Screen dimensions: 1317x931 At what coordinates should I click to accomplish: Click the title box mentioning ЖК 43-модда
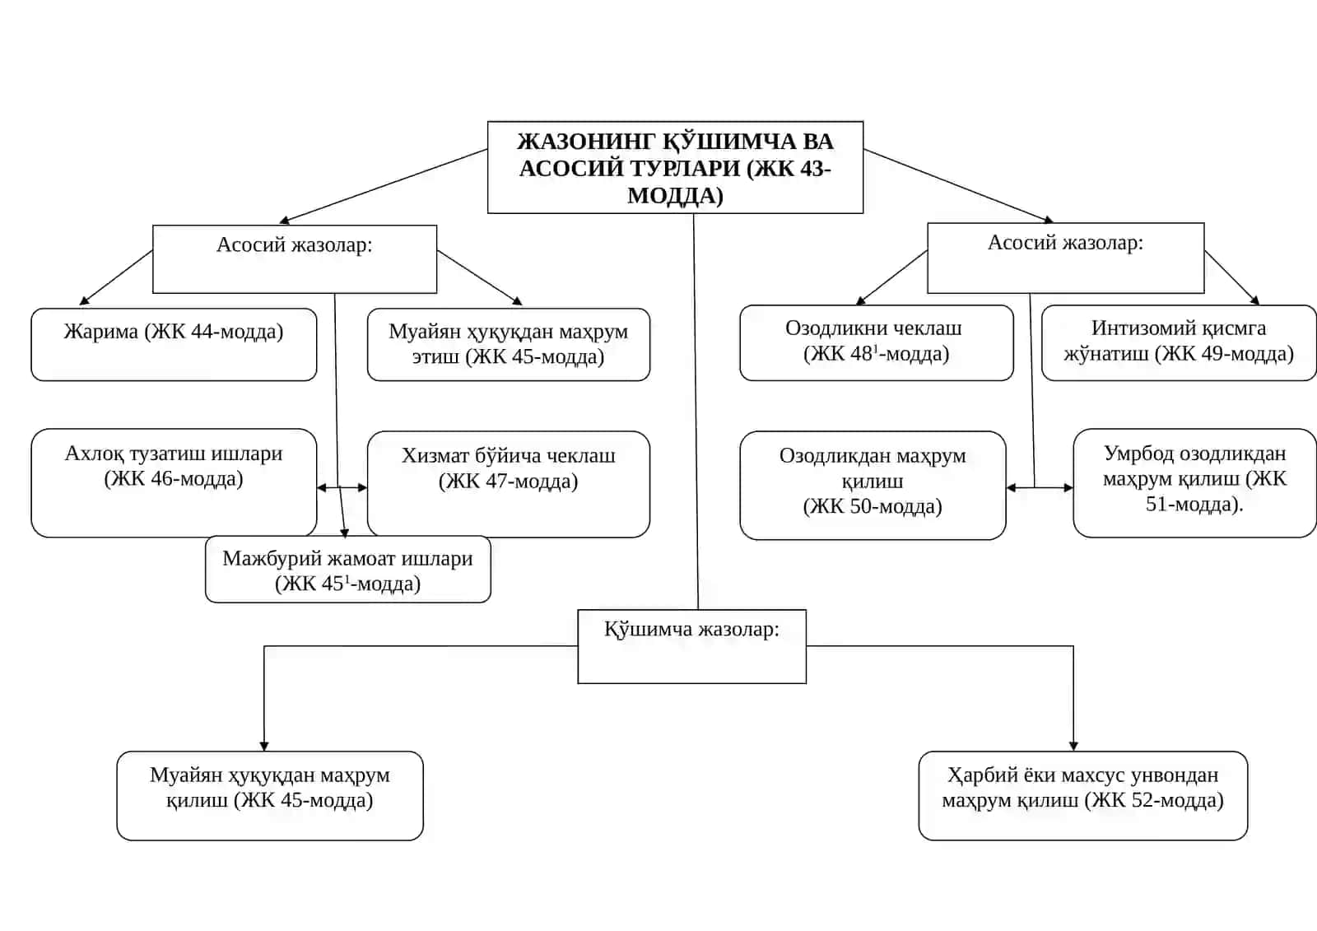[x=675, y=168]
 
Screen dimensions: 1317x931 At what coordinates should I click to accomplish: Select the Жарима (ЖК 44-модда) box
[x=174, y=344]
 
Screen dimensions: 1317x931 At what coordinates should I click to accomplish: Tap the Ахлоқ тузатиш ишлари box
[x=174, y=483]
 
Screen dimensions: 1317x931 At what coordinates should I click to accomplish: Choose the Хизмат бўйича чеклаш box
[x=509, y=484]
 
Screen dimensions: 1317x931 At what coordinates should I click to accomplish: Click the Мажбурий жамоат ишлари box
[x=348, y=569]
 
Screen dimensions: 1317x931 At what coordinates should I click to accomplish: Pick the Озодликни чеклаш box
[x=877, y=343]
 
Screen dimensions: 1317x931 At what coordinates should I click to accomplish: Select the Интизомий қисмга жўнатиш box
[x=1179, y=343]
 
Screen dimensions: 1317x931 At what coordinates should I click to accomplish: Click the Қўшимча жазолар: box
[x=692, y=646]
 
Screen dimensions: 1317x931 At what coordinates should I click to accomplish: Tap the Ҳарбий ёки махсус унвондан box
[x=1083, y=795]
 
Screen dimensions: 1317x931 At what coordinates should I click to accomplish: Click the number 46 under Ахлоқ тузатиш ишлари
[x=162, y=479]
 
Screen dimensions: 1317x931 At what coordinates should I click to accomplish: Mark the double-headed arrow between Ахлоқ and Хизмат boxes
[x=342, y=487]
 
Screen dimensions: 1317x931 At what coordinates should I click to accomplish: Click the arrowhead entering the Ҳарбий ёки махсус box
[x=1073, y=747]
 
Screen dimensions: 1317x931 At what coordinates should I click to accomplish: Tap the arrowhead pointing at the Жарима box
[x=84, y=301]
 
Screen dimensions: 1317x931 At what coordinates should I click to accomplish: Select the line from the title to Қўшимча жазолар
[x=696, y=412]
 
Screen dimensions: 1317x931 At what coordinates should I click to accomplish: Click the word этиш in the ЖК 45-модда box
[x=435, y=357]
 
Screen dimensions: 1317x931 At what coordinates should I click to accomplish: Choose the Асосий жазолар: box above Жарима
[x=295, y=258]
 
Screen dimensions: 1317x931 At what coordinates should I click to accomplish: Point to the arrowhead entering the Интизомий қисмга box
[x=1254, y=300]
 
